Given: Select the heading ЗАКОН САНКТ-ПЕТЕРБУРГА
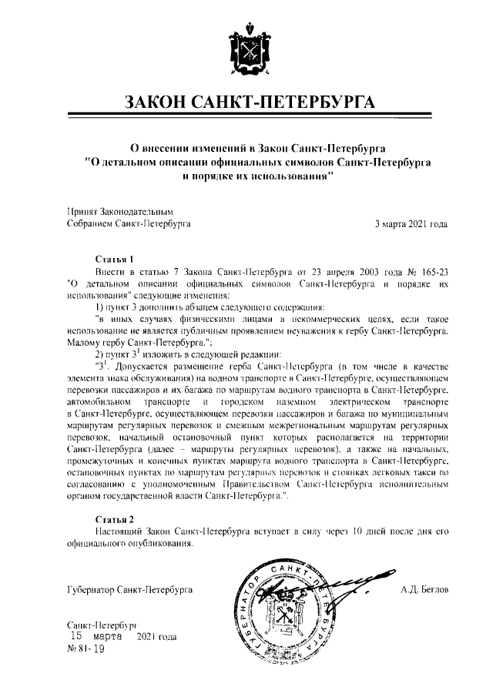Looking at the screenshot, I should coord(246,103).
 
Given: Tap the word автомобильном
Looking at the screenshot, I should coord(102,403).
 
